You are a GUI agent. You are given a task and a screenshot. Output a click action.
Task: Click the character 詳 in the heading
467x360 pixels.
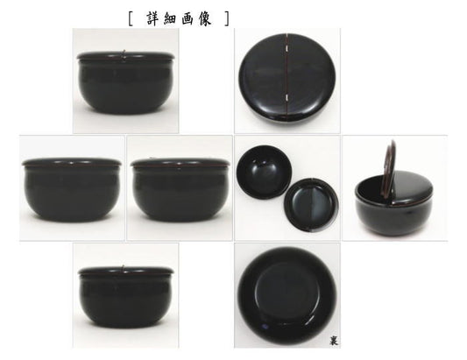(154, 18)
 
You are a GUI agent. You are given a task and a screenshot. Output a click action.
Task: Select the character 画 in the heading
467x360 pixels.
(188, 19)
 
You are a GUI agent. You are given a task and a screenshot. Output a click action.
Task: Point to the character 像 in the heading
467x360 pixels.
(204, 19)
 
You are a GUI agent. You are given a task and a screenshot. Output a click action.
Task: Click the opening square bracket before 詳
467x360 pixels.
(131, 19)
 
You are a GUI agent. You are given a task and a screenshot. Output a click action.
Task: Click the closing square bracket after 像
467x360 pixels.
(227, 19)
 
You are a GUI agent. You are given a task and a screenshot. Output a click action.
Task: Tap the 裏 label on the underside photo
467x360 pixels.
(334, 341)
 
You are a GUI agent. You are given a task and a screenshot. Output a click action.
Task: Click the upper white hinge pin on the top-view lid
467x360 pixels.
(287, 48)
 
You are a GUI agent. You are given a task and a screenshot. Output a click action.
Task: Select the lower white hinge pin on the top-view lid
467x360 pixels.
(287, 96)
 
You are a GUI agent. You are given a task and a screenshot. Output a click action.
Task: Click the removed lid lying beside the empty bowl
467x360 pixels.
(311, 205)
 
